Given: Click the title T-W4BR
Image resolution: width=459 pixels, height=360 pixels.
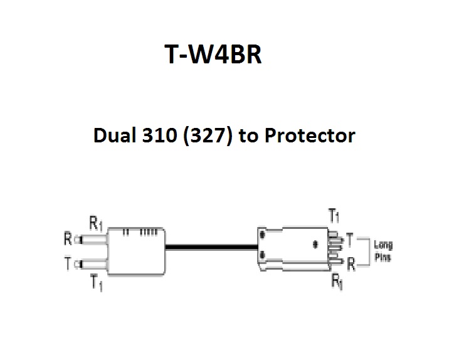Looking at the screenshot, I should [x=212, y=55].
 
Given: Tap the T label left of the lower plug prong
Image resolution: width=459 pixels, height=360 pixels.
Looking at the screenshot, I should [x=67, y=263].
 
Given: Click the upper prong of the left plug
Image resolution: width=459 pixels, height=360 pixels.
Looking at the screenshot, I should [x=92, y=239].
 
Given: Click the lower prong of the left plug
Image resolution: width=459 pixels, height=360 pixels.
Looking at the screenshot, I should [x=92, y=263].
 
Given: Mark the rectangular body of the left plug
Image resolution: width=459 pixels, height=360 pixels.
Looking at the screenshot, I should [x=136, y=251].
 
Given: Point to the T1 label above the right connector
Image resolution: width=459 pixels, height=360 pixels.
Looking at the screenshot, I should [x=335, y=216].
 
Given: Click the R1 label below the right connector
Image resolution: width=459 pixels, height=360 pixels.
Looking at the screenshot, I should [x=337, y=282].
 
